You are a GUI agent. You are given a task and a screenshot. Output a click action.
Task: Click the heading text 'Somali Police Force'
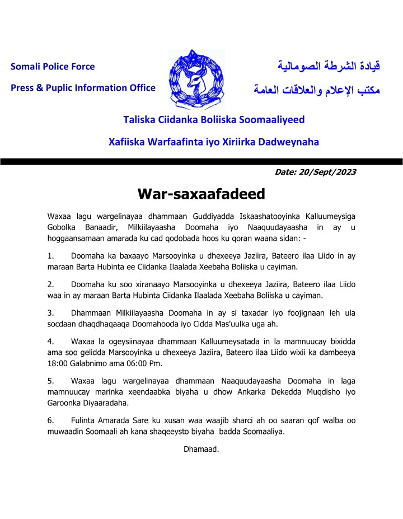(53, 67)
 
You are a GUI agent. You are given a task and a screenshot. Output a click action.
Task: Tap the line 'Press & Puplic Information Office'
(83, 87)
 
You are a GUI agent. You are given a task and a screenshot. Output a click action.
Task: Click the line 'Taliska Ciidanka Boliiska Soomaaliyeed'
(214, 120)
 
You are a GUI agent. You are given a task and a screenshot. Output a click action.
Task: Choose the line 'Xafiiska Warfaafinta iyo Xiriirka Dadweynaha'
(213, 142)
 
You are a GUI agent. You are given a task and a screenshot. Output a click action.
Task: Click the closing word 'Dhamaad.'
(201, 448)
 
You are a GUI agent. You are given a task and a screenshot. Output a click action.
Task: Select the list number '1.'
(51, 255)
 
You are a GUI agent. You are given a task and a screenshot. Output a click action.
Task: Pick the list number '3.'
(51, 312)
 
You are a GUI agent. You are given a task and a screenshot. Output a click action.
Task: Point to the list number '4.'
(51, 340)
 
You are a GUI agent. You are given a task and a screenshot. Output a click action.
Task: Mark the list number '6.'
(51, 420)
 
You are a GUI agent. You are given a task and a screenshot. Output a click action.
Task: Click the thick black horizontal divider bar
(201, 161)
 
